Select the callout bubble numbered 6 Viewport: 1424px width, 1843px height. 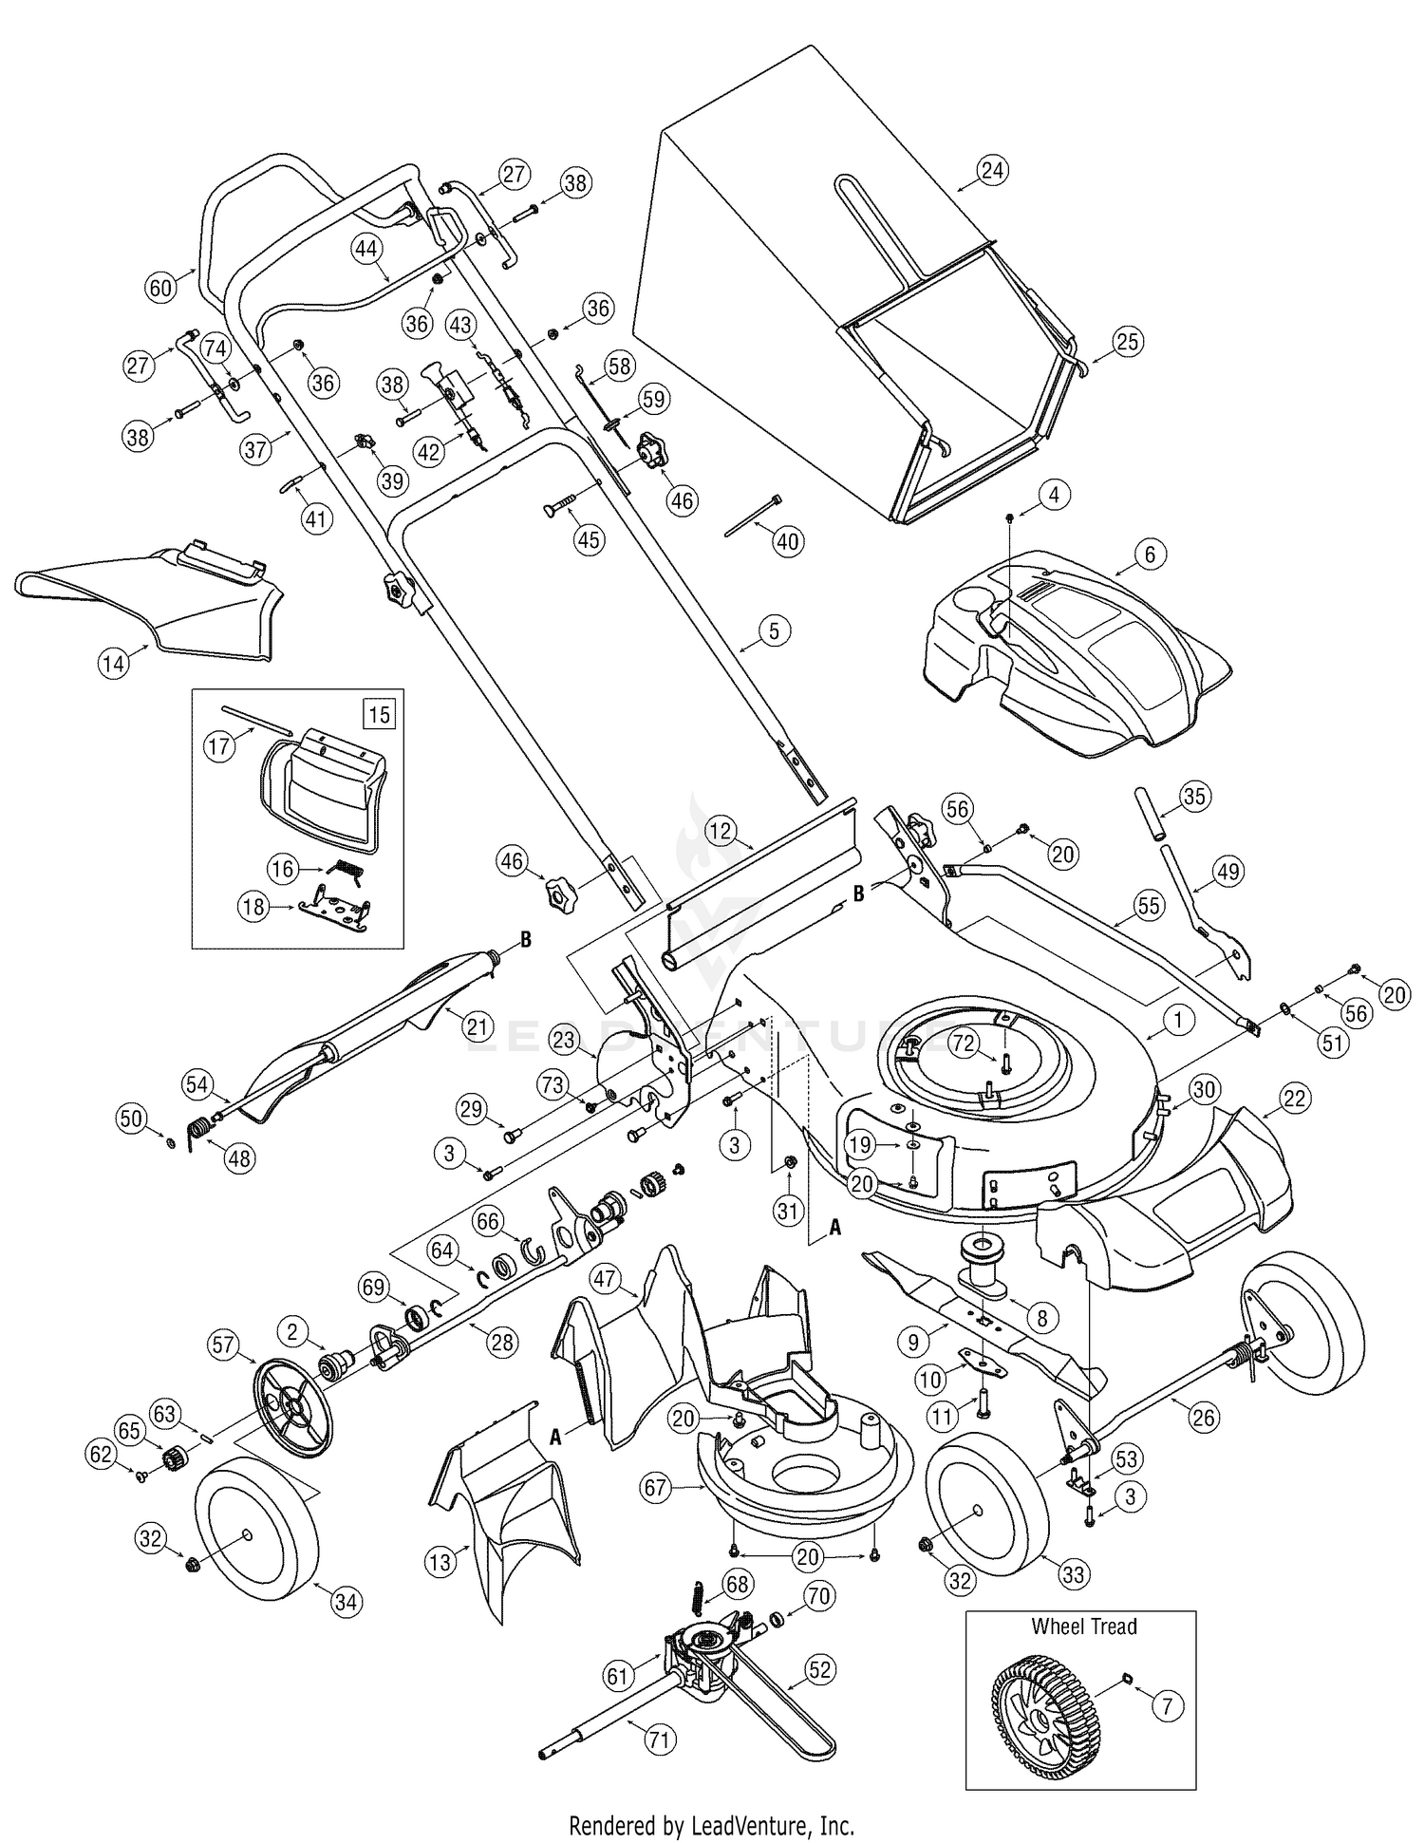coord(1150,554)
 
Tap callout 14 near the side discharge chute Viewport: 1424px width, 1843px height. coord(113,663)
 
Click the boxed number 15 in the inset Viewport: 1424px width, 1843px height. coord(379,713)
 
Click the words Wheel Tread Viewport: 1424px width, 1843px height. coord(1084,1627)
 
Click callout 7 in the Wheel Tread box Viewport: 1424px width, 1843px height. coord(1167,1706)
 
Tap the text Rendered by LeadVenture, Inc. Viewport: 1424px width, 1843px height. coord(711,1818)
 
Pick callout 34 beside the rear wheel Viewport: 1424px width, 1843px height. coord(347,1602)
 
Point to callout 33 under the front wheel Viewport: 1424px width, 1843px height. coord(1073,1574)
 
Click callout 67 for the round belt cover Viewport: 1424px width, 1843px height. coord(656,1487)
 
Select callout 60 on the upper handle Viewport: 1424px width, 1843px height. coord(161,287)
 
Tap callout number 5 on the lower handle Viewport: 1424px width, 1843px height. coord(774,630)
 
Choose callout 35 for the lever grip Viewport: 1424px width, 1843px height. coord(1194,796)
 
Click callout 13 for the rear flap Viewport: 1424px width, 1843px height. coord(440,1563)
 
